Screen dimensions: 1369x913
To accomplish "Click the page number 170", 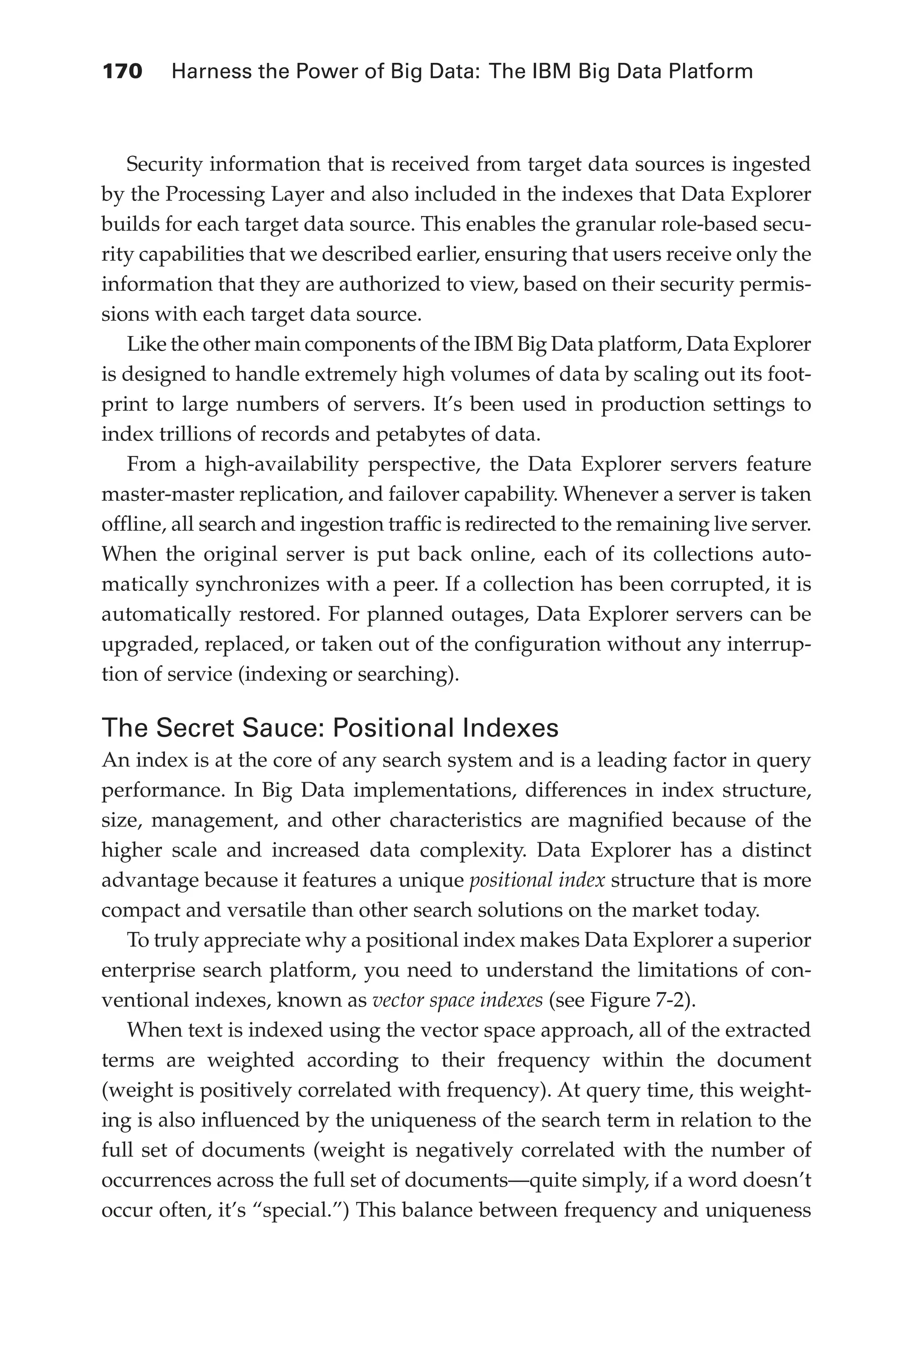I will click(122, 72).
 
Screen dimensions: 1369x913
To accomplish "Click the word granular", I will click(614, 225).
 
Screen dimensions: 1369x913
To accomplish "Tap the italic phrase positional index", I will click(537, 880).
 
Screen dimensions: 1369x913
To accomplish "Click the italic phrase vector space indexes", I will click(457, 1000).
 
